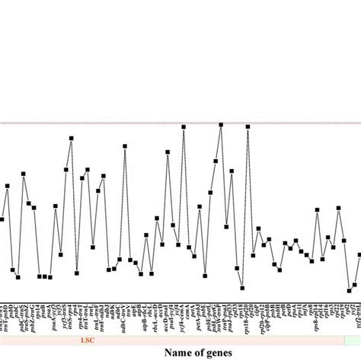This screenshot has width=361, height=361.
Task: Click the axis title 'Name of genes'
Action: tap(180, 353)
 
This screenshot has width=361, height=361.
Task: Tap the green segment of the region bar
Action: tap(352, 342)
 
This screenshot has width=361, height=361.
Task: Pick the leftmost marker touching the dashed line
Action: tap(184, 127)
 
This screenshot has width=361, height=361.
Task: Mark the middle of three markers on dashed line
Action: tap(221, 126)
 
